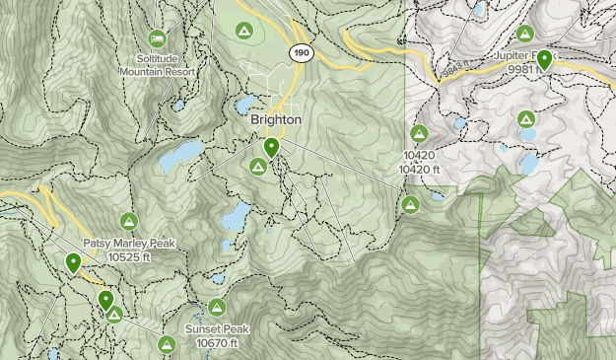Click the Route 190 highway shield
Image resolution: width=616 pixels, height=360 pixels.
pyautogui.click(x=301, y=51)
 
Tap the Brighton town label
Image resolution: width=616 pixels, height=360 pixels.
pyautogui.click(x=275, y=119)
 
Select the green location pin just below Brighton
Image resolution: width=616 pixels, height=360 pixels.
pyautogui.click(x=270, y=148)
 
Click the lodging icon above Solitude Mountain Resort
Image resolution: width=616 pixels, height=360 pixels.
pyautogui.click(x=157, y=37)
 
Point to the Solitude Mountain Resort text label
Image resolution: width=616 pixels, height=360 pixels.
pyautogui.click(x=157, y=65)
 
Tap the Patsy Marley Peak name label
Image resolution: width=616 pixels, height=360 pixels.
pyautogui.click(x=127, y=243)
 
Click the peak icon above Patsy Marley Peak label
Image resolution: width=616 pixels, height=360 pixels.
pyautogui.click(x=127, y=220)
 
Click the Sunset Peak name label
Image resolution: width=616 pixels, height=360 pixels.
pyautogui.click(x=219, y=329)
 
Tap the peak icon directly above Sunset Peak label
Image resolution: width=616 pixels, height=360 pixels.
pyautogui.click(x=218, y=307)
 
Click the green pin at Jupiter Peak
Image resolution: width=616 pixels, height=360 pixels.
pyautogui.click(x=543, y=58)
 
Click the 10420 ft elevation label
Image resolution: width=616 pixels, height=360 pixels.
pyautogui.click(x=419, y=170)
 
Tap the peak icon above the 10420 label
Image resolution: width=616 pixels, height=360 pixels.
pyautogui.click(x=418, y=133)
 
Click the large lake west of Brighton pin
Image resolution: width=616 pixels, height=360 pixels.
pyautogui.click(x=180, y=155)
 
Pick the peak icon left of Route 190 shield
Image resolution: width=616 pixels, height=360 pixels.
pyautogui.click(x=243, y=32)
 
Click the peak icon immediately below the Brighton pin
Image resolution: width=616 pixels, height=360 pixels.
pyautogui.click(x=257, y=168)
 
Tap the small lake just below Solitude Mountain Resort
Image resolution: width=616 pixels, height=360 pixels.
pyautogui.click(x=178, y=104)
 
